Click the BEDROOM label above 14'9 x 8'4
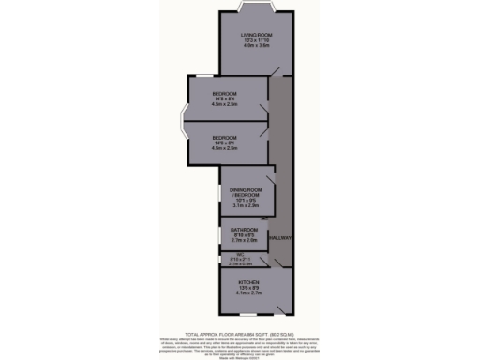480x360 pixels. [x=224, y=94]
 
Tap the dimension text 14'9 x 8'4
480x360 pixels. [x=224, y=99]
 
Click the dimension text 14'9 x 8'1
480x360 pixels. [x=224, y=142]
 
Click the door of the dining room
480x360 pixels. [x=270, y=177]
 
